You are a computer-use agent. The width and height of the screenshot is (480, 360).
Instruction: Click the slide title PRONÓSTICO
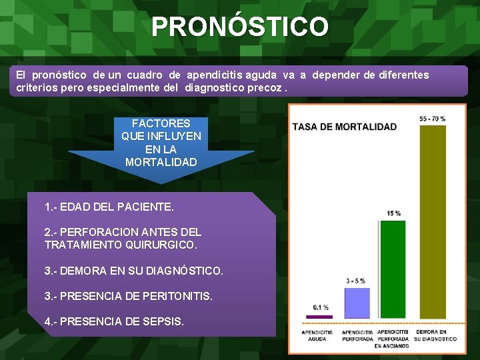click(x=239, y=27)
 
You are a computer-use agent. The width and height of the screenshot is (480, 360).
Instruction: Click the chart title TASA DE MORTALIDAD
click(x=345, y=127)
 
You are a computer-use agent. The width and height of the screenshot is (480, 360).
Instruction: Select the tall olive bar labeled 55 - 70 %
click(x=433, y=220)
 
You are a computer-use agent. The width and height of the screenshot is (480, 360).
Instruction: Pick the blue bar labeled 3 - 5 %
click(x=355, y=303)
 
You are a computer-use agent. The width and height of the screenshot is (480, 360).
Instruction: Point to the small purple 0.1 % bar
click(x=319, y=316)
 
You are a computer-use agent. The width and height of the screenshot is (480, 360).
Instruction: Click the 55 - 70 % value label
click(x=433, y=119)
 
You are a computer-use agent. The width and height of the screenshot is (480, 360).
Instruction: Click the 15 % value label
click(x=393, y=213)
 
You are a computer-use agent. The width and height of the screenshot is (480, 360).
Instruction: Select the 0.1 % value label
click(x=321, y=307)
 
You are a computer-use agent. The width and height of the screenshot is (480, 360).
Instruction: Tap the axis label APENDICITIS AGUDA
click(x=317, y=335)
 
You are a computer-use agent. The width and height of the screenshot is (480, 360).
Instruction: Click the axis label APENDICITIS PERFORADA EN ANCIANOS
click(x=393, y=339)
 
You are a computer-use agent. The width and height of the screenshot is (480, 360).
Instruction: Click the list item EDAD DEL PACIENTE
click(x=109, y=207)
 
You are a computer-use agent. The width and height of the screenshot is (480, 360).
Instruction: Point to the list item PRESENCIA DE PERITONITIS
click(x=128, y=295)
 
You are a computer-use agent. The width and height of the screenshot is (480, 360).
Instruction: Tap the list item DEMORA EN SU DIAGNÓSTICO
click(x=133, y=271)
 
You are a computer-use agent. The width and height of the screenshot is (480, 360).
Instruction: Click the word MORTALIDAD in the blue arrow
click(x=161, y=162)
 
